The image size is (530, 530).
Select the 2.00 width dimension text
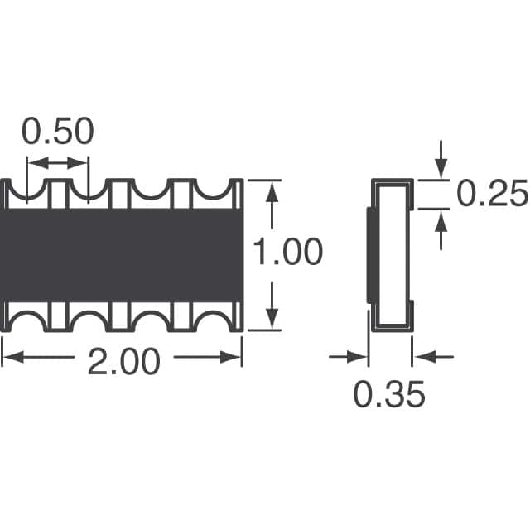123,361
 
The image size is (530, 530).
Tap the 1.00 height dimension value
287,253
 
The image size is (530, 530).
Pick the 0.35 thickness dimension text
389,394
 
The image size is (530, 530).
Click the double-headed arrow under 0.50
58,164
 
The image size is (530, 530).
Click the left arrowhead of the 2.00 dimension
10,358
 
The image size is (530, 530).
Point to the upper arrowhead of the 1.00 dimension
271,188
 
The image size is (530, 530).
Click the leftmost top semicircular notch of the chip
27,191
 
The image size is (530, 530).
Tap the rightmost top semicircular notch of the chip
213,190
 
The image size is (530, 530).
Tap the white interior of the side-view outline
391,253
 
